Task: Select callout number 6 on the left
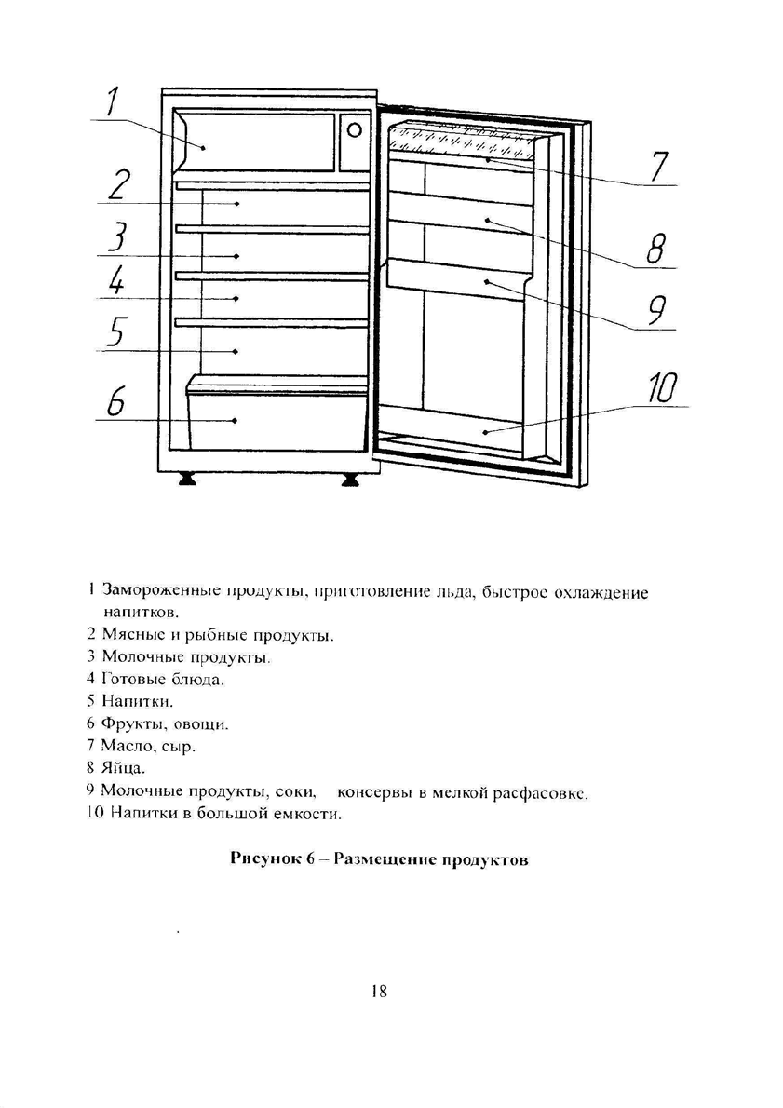pyautogui.click(x=115, y=402)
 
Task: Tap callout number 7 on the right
pyautogui.click(x=658, y=167)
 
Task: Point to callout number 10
pyautogui.click(x=663, y=388)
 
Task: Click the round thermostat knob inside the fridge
pyautogui.click(x=354, y=130)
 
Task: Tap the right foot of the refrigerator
pyautogui.click(x=351, y=479)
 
